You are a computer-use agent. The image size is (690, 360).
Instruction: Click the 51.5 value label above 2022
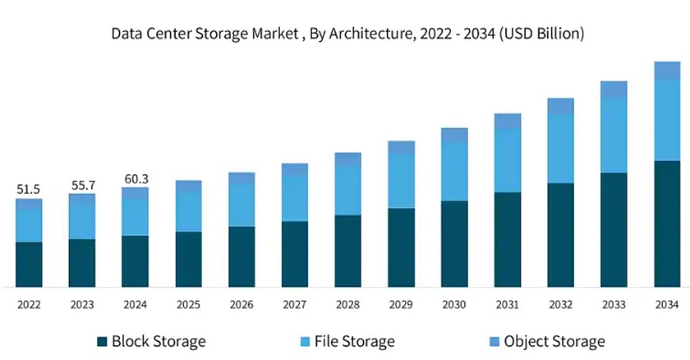click(x=29, y=189)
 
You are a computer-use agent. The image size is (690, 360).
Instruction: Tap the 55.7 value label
click(x=82, y=185)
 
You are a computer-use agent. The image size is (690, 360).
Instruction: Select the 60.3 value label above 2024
click(x=136, y=179)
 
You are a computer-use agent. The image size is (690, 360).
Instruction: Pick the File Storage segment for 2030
click(x=454, y=171)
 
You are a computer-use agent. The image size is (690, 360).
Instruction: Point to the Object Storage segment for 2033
click(x=614, y=90)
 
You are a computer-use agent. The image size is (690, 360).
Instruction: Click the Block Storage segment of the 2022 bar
click(x=29, y=265)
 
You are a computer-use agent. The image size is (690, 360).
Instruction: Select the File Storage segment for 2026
click(x=241, y=205)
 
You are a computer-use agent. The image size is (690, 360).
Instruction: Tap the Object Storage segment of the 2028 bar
click(x=348, y=159)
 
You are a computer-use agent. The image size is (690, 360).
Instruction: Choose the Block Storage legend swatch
click(x=102, y=341)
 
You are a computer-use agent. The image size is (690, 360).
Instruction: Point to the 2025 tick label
click(x=189, y=305)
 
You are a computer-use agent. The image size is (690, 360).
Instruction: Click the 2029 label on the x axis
click(x=402, y=305)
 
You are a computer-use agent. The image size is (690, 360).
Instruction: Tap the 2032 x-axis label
click(x=561, y=305)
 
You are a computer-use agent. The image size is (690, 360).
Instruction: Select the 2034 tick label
click(x=667, y=305)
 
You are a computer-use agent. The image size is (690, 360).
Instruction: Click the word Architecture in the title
click(x=375, y=35)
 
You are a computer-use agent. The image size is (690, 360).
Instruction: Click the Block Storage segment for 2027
click(x=295, y=254)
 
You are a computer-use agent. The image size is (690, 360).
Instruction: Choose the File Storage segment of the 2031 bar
click(x=508, y=160)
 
